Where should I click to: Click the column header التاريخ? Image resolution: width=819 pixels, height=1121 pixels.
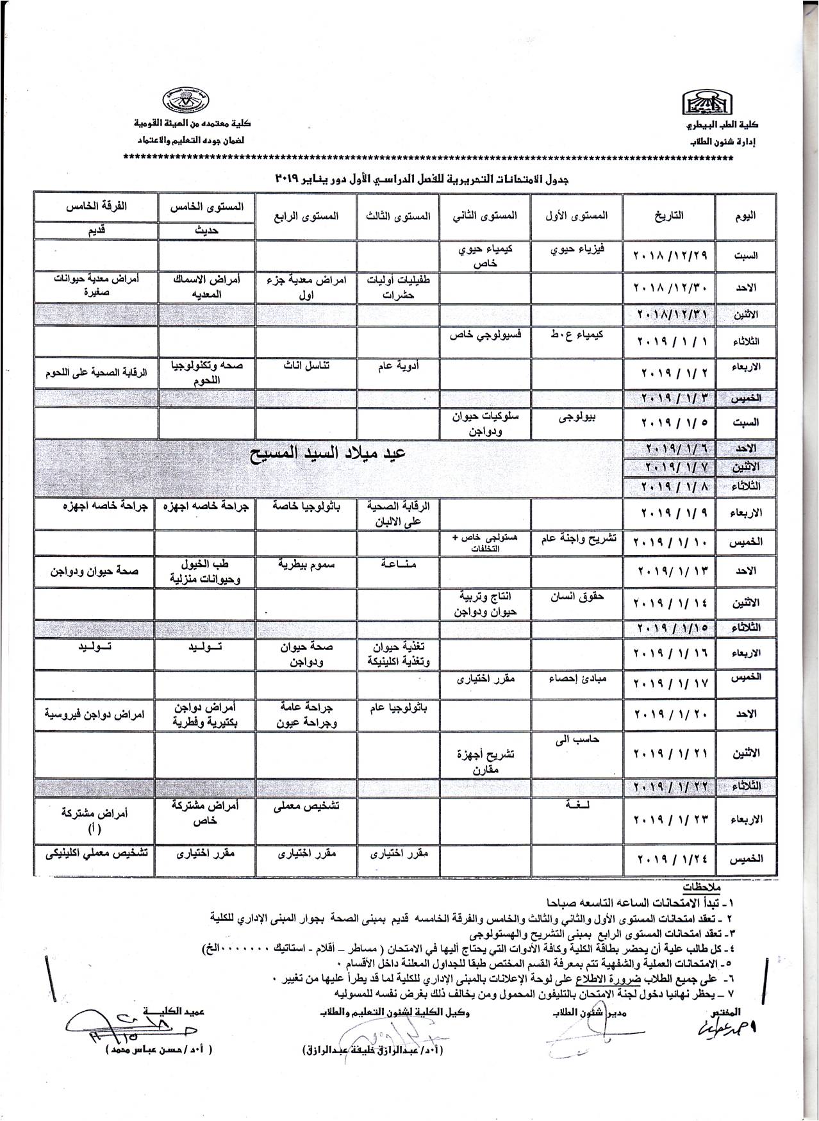pos(669,216)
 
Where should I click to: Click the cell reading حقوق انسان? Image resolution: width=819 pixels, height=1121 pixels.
pos(576,597)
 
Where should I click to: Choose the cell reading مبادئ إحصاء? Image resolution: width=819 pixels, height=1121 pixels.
pos(576,678)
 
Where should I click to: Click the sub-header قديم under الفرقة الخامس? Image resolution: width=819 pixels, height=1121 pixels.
pos(95,231)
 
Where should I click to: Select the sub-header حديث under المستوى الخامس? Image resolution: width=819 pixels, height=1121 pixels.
pos(204,231)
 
